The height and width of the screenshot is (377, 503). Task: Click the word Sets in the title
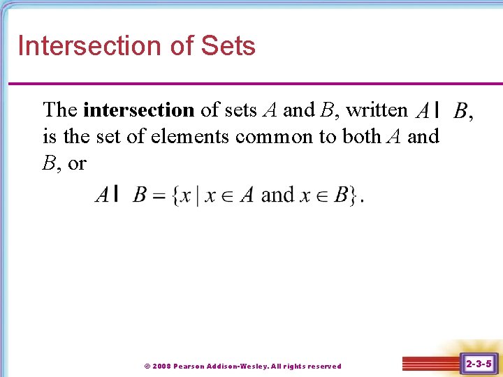(228, 46)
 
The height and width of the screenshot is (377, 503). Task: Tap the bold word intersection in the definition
(138, 110)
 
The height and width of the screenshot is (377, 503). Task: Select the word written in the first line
(377, 110)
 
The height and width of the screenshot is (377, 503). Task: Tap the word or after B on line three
(77, 163)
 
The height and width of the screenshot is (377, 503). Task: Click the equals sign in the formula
(159, 195)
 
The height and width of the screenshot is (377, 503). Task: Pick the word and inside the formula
(277, 195)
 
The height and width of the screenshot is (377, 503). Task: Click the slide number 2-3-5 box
(479, 364)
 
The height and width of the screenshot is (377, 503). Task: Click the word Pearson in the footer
(189, 366)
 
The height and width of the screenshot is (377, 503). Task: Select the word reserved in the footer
(323, 366)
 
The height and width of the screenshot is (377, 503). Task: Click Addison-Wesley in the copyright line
(237, 366)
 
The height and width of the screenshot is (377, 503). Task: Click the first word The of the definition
(60, 110)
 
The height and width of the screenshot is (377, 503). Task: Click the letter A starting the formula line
(102, 195)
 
